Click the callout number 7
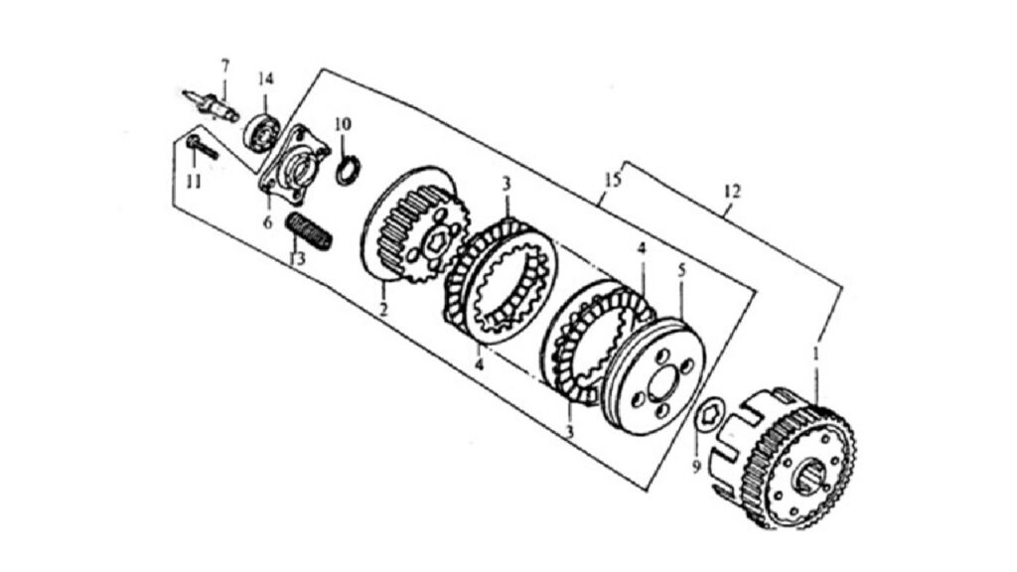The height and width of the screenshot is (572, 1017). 225,66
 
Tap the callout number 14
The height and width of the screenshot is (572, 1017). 266,79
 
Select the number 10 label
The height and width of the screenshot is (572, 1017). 343,123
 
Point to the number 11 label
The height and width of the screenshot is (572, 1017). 194,182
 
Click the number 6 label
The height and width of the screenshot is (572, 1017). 268,222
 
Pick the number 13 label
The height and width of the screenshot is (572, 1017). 297,259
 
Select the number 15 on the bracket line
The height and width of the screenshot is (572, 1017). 612,180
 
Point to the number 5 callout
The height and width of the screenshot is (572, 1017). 681,270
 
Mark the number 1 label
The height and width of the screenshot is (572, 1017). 816,355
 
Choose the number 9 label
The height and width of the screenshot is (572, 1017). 696,466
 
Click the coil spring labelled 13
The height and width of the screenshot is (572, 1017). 310,231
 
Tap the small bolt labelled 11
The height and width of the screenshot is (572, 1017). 201,147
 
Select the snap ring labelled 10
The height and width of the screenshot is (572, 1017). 348,170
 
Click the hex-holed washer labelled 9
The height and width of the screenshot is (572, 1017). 709,412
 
